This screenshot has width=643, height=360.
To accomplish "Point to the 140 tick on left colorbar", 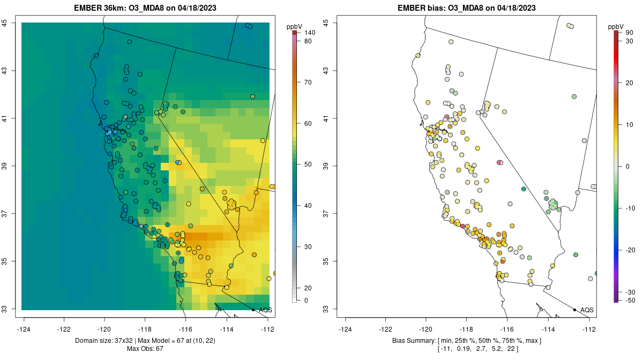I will click(309, 33).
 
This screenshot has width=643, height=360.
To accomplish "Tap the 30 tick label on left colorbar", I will click(308, 247).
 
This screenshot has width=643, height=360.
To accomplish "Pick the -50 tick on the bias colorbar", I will click(629, 301).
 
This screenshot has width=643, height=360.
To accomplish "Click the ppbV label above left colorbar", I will click(294, 26).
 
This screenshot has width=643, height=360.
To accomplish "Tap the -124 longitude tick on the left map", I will click(24, 328).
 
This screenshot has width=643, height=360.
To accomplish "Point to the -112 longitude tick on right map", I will click(589, 328).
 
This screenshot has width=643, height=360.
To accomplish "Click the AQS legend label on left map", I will click(265, 310).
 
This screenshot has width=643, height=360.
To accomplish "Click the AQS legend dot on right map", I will click(574, 310).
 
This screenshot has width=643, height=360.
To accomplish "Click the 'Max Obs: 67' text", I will click(145, 349).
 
